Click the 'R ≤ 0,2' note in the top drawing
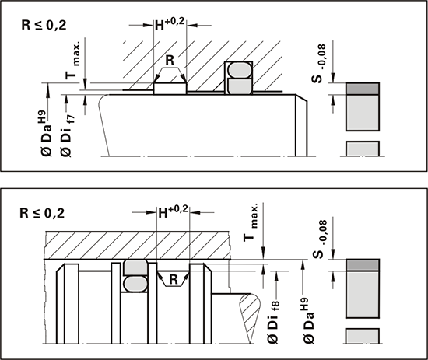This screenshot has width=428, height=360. click(x=44, y=26)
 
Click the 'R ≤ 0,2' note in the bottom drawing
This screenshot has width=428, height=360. click(x=42, y=213)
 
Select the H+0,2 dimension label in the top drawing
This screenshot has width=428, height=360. click(x=170, y=24)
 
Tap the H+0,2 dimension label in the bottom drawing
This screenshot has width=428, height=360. click(x=174, y=212)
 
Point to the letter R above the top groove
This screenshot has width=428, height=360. click(x=170, y=60)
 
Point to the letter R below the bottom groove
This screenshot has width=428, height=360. click(x=174, y=280)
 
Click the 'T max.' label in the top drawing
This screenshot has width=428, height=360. click(x=72, y=61)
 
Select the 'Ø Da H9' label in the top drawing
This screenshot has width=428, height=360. click(x=46, y=134)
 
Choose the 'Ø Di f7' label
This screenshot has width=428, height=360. click(x=68, y=136)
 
